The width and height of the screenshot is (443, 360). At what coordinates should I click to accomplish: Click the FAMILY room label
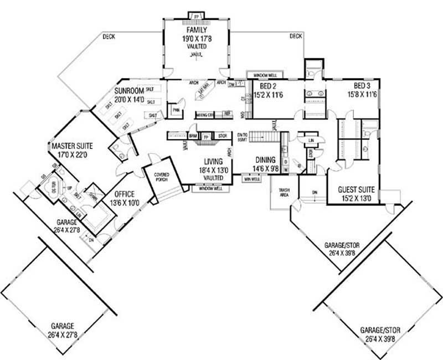(x=197, y=30)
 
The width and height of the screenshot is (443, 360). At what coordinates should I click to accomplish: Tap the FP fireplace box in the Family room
(x=197, y=16)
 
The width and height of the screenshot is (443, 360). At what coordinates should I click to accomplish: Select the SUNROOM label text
(x=129, y=91)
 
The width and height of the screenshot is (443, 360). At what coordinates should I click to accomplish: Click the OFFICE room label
(x=125, y=194)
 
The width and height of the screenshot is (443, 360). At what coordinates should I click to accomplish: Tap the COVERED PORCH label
(x=162, y=178)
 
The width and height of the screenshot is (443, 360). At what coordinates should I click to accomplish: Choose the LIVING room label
(x=213, y=162)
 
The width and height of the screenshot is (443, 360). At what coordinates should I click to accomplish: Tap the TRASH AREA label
(x=285, y=194)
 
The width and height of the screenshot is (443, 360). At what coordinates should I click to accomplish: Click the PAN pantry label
(x=177, y=110)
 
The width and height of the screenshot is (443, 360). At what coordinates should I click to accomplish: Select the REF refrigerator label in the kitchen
(x=226, y=115)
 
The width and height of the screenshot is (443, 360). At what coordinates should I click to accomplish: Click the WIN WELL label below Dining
(x=252, y=179)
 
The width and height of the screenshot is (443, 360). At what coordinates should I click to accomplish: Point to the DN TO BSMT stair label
(x=242, y=137)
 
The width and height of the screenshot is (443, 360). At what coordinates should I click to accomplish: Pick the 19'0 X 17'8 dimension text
(x=197, y=39)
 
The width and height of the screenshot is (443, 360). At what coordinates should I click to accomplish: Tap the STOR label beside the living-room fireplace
(x=222, y=135)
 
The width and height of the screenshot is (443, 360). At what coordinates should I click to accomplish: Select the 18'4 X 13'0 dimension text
(x=213, y=170)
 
